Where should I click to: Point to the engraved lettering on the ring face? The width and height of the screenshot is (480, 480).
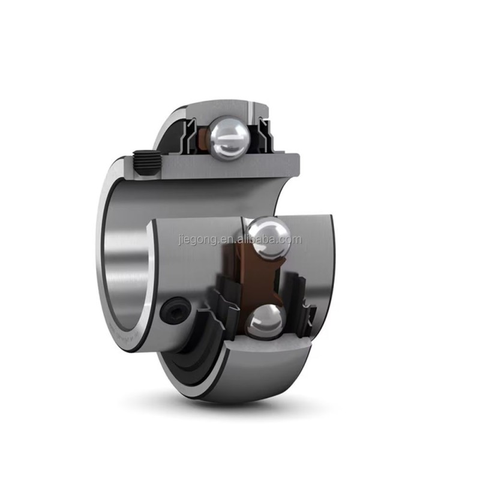tap(129, 336)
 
